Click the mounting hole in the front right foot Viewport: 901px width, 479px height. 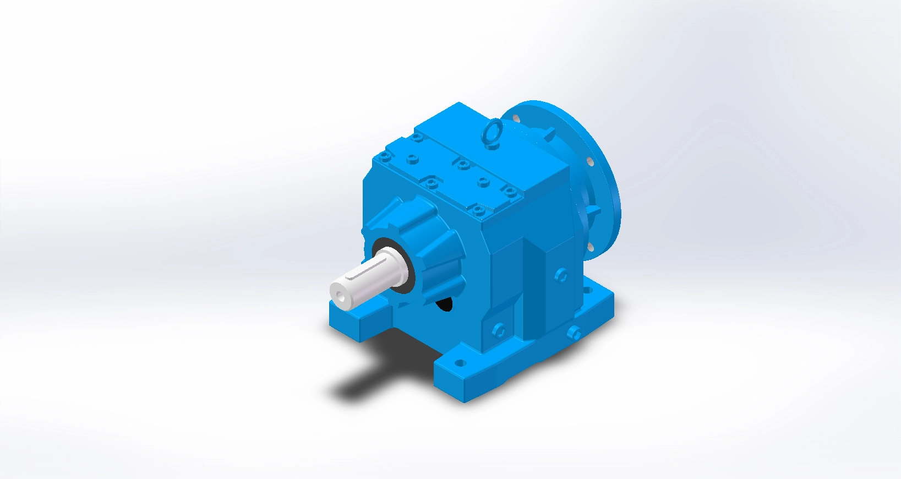[x=461, y=363]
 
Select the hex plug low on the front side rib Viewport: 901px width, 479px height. [x=499, y=329]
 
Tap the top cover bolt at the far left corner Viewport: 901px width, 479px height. [x=384, y=157]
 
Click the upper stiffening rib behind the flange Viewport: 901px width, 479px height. [x=550, y=133]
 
